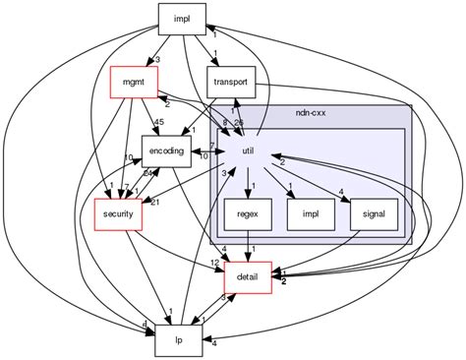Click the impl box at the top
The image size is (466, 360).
coord(181,17)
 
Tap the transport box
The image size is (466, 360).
coord(231,82)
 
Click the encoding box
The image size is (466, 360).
coord(166,150)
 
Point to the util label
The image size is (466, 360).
coord(249,150)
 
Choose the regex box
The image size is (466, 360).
coord(248,212)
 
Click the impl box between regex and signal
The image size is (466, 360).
coord(312,212)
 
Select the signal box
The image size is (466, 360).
coord(374,212)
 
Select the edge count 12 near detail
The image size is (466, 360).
coord(213,262)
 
